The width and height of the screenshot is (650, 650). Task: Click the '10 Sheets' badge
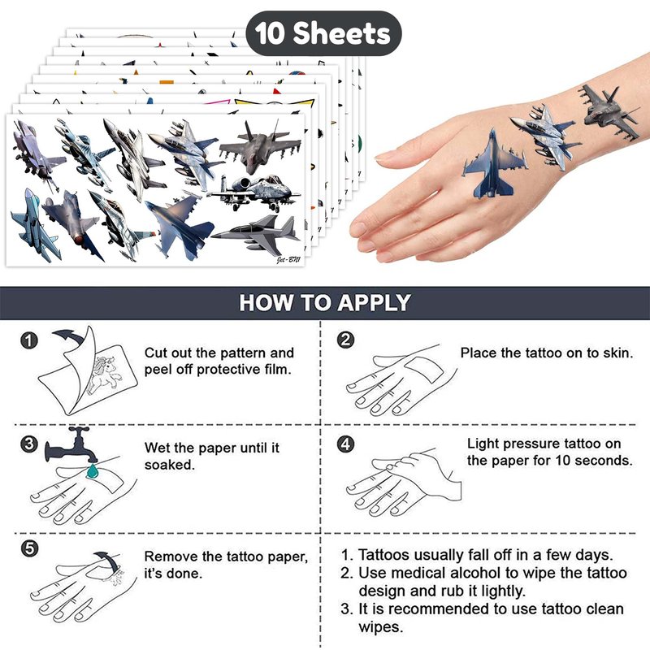pos(323,33)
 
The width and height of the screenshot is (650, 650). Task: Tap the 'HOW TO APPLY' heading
pos(325,302)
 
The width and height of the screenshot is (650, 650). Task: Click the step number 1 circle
pos(29,340)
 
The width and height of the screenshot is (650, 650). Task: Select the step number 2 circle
pos(346,340)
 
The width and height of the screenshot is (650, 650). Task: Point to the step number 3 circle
pos(29,444)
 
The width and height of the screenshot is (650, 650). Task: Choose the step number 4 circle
pos(346,444)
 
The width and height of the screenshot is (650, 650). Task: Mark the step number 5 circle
pos(29,549)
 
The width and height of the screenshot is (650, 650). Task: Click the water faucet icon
pos(71,445)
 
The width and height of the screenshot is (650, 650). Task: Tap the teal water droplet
pos(93,471)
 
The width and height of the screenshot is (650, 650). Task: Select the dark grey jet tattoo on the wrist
pos(610,112)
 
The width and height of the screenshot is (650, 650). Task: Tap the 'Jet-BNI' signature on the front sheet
pos(288,260)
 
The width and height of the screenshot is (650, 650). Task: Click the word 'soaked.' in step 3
pos(170,465)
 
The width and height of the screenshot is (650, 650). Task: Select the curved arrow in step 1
pos(69,336)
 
